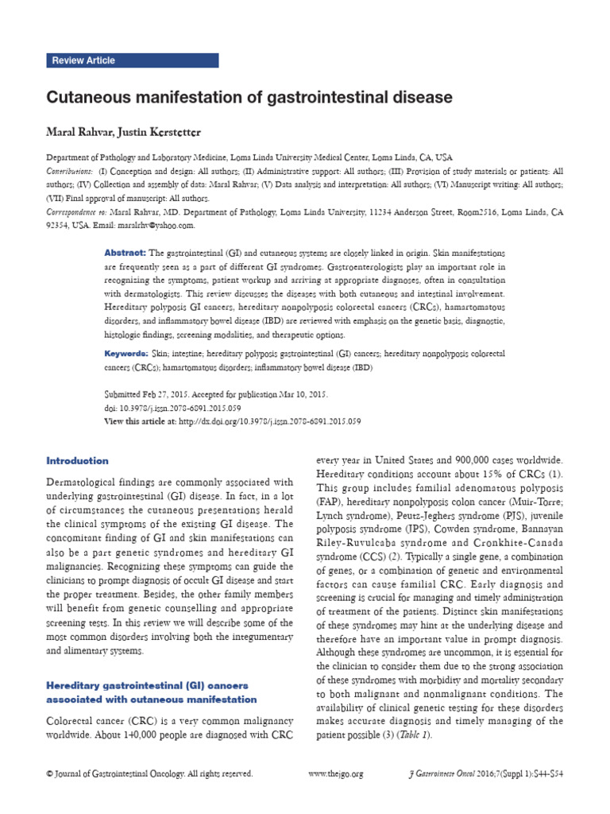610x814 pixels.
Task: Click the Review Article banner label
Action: [83, 60]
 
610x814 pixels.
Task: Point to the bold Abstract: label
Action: [125, 252]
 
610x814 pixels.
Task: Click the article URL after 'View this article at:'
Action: [270, 421]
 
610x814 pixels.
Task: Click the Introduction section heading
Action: [77, 460]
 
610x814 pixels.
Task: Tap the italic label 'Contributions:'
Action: [68, 171]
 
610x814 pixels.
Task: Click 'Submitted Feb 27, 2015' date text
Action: [150, 393]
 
